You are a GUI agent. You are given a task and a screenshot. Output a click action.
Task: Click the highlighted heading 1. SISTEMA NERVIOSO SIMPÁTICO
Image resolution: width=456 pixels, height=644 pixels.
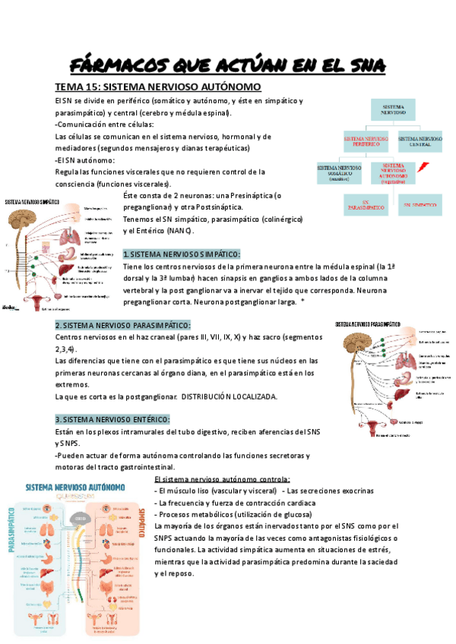(182, 254)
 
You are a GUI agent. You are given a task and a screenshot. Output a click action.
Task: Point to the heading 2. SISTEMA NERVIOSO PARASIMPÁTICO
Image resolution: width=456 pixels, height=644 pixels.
(122, 324)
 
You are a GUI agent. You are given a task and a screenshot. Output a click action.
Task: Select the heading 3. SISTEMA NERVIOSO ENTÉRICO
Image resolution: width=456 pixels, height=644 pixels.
(112, 419)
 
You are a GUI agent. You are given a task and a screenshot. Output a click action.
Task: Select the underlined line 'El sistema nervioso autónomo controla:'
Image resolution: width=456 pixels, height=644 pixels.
(221, 479)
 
